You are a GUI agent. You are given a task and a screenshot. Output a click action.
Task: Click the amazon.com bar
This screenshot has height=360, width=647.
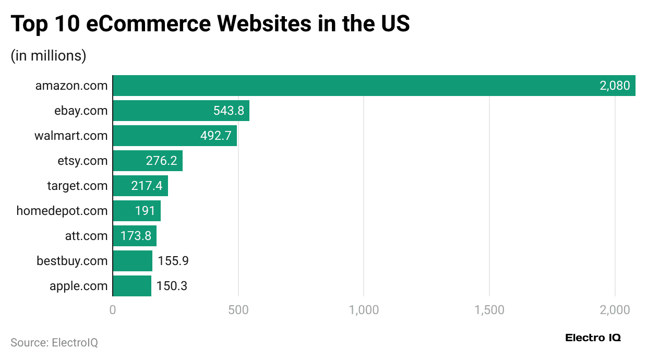pyautogui.click(x=365, y=86)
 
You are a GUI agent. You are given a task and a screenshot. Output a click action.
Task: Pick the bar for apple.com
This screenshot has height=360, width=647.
pyautogui.click(x=132, y=286)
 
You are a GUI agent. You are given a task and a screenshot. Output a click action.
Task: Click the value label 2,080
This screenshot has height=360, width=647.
pyautogui.click(x=615, y=86)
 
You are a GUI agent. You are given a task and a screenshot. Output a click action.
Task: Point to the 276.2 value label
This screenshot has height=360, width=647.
pyautogui.click(x=161, y=161)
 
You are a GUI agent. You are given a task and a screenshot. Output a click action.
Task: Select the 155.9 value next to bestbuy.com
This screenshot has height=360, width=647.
pyautogui.click(x=173, y=261)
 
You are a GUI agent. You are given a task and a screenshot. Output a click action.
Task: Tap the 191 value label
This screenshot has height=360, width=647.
pyautogui.click(x=145, y=211)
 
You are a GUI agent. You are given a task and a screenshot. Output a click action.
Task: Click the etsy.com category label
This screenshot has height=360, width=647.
pyautogui.click(x=82, y=161)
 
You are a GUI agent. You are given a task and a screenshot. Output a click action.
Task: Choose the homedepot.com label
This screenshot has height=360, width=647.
pyautogui.click(x=62, y=211)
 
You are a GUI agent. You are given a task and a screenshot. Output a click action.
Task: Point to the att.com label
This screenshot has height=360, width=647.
pyautogui.click(x=86, y=236)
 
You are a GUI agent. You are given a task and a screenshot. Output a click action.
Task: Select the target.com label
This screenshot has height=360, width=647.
pyautogui.click(x=77, y=186)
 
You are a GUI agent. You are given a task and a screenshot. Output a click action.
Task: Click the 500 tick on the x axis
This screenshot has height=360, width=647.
pyautogui.click(x=238, y=310)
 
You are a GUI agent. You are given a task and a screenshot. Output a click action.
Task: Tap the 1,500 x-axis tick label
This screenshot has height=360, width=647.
pyautogui.click(x=489, y=310)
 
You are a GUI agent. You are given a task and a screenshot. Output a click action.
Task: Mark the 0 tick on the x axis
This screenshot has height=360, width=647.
pyautogui.click(x=113, y=310)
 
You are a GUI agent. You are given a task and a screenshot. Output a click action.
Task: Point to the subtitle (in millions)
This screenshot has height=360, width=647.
pyautogui.click(x=49, y=55)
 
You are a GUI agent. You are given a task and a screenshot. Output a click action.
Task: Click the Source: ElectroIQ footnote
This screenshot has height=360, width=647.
pyautogui.click(x=54, y=343)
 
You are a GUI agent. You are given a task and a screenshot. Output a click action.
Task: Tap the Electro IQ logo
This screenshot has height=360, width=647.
pyautogui.click(x=593, y=338)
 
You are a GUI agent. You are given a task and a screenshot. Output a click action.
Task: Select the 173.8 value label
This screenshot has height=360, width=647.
pyautogui.click(x=136, y=236)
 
